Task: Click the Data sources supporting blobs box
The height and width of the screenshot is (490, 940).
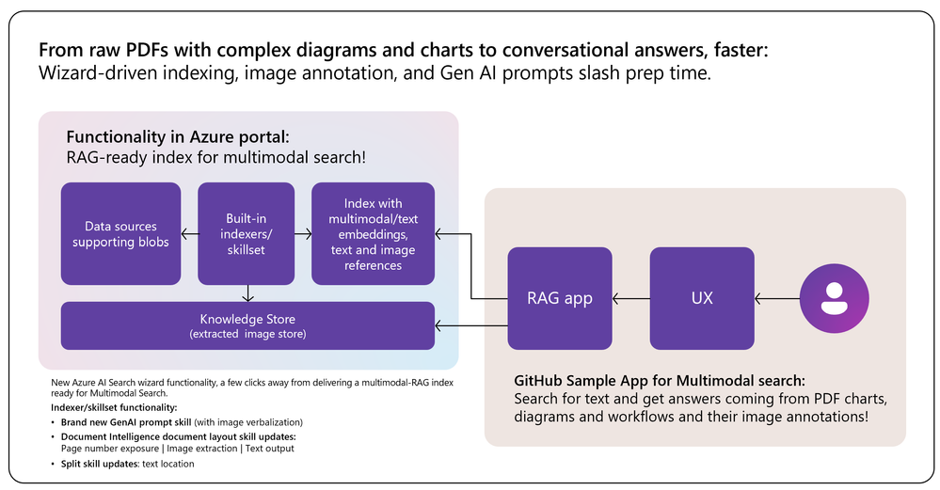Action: pos(120,233)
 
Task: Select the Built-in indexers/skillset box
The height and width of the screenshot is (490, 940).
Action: pos(247,233)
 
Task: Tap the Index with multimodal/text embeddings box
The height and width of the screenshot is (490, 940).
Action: pos(373,233)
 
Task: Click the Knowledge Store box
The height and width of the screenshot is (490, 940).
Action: pos(247,325)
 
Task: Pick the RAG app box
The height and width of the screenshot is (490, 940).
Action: pos(559,298)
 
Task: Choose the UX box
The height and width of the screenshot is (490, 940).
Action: pos(702,298)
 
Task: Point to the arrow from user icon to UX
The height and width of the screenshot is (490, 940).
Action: pos(777,298)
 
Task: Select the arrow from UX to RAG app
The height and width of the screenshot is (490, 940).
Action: pos(630,298)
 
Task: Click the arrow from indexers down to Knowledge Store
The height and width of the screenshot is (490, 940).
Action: pos(247,292)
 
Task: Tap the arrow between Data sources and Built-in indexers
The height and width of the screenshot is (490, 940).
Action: pos(189,233)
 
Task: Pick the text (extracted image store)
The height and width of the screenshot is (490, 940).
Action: pos(247,335)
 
